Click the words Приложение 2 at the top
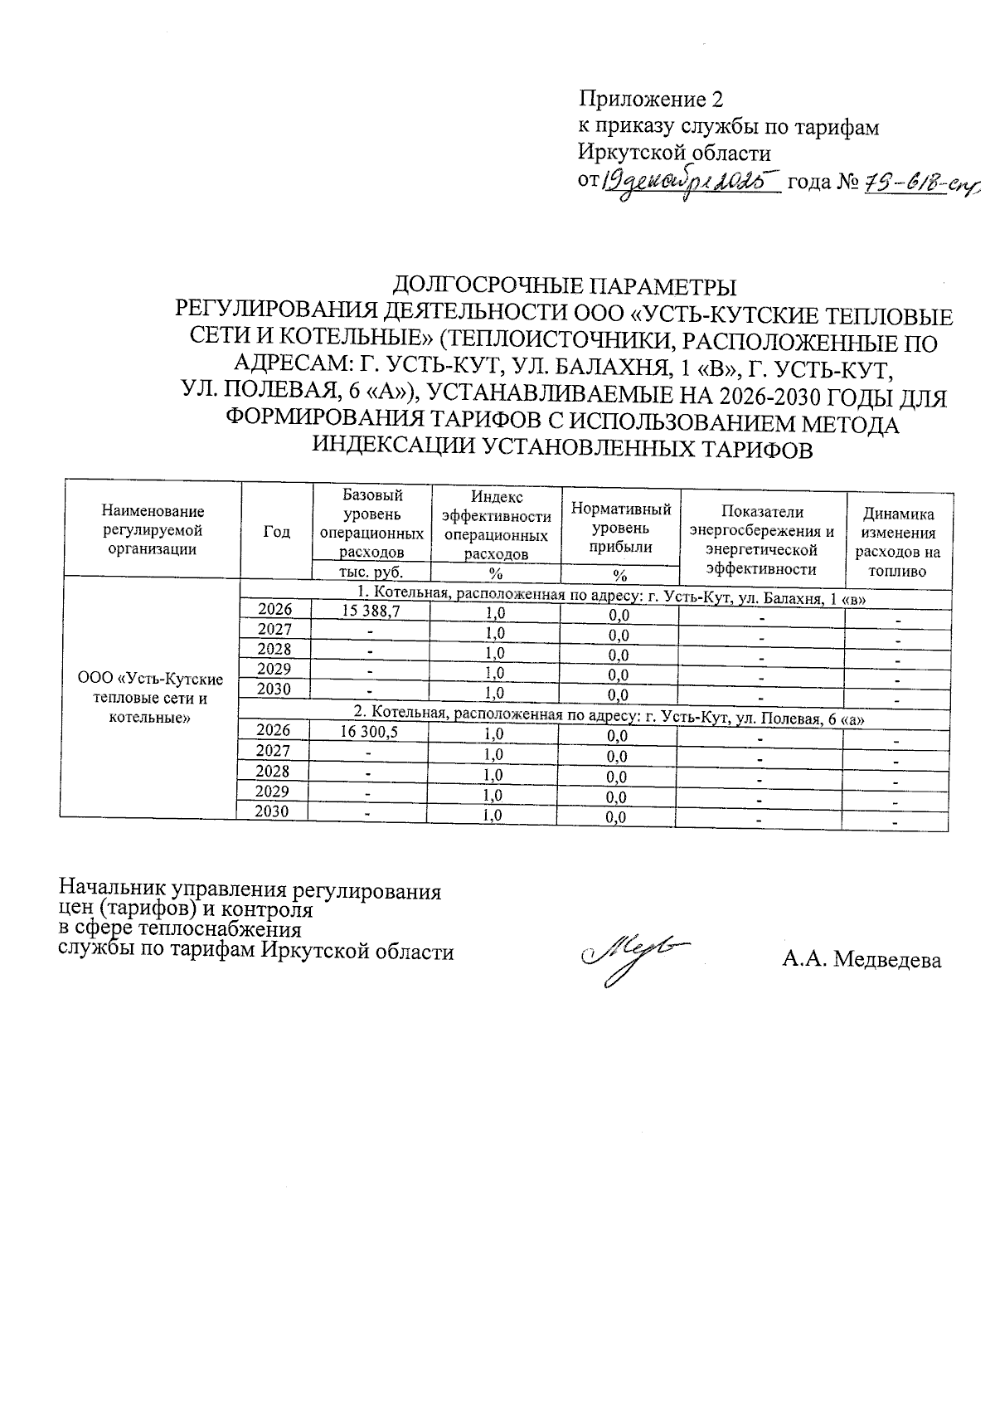650,100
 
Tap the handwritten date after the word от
691,180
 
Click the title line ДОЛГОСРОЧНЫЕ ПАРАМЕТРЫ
564,286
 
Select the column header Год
277,532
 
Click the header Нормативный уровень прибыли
620,528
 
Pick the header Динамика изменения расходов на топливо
898,543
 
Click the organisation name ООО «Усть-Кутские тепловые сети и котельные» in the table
150,698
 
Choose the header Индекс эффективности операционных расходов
497,525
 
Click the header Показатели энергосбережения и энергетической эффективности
762,540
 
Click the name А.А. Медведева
862,961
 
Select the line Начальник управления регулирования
249,892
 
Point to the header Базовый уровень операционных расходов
371,523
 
